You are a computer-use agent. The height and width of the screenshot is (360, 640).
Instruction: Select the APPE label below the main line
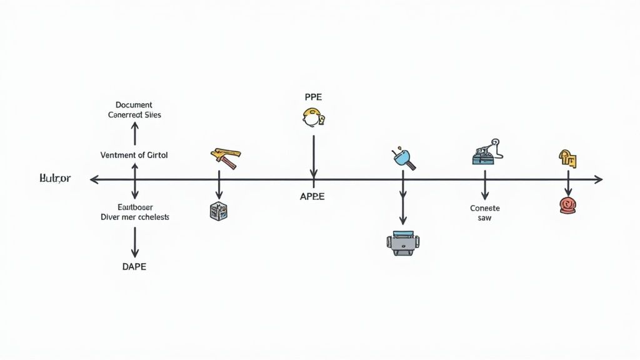[312, 196]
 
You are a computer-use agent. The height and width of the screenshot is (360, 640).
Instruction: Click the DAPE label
[134, 266]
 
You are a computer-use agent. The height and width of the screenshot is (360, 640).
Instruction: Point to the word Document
[134, 105]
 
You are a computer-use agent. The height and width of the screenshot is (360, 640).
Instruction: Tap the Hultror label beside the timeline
[56, 179]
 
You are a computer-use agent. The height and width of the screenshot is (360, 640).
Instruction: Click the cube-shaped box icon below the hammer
[218, 210]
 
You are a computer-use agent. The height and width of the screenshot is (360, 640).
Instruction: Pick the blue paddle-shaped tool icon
[404, 159]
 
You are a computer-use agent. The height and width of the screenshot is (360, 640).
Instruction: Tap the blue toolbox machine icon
[484, 153]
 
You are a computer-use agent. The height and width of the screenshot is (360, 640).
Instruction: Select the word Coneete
[485, 208]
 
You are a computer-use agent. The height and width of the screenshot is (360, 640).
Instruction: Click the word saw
[485, 218]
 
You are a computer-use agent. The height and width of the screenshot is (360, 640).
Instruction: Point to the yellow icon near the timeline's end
[567, 158]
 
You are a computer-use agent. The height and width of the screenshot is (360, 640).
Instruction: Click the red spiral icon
[568, 205]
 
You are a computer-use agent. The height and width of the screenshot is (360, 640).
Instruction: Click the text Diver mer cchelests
[134, 217]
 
